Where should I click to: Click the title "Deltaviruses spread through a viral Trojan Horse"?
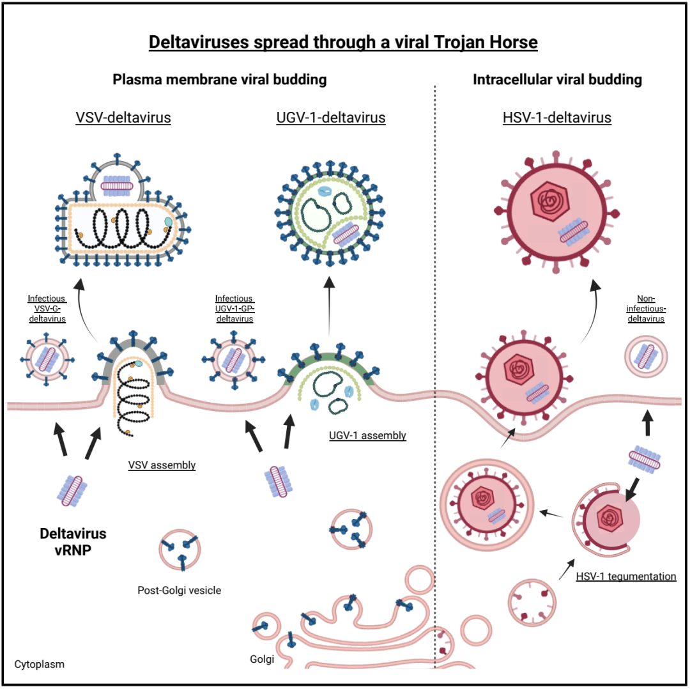[x=344, y=43]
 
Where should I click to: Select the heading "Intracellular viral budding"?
[x=557, y=80]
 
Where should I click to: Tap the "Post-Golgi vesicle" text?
[x=179, y=590]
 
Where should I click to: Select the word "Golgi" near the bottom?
[x=261, y=660]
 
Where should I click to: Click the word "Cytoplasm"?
[x=40, y=663]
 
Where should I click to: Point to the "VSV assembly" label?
[x=161, y=465]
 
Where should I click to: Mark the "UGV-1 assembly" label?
[x=367, y=435]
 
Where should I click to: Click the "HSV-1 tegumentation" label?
[x=625, y=576]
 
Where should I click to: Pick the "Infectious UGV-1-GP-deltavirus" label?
[x=234, y=309]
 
